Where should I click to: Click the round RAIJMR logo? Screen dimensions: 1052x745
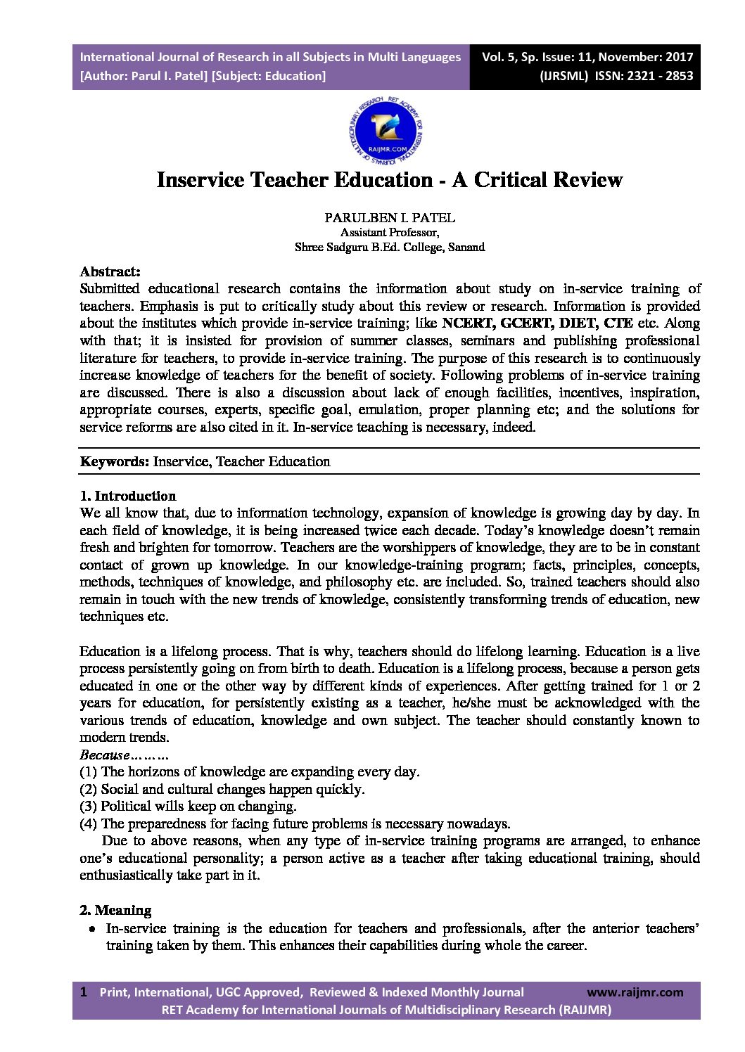point(386,131)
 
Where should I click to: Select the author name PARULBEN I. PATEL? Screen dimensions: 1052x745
point(389,217)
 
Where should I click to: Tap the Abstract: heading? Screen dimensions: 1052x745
point(110,271)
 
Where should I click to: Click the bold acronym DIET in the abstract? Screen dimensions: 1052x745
point(577,323)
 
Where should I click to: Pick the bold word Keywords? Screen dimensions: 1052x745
point(114,462)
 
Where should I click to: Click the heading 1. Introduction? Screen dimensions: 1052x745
point(127,496)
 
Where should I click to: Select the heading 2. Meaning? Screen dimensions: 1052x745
point(115,910)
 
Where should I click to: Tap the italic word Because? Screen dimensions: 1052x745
point(105,755)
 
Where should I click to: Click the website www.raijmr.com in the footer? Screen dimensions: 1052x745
point(635,992)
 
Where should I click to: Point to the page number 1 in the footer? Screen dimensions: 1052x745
point(84,992)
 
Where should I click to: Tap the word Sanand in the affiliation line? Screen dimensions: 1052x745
point(466,248)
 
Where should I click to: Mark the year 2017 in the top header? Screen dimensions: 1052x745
point(679,57)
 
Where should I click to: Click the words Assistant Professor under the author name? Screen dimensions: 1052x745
point(389,233)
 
